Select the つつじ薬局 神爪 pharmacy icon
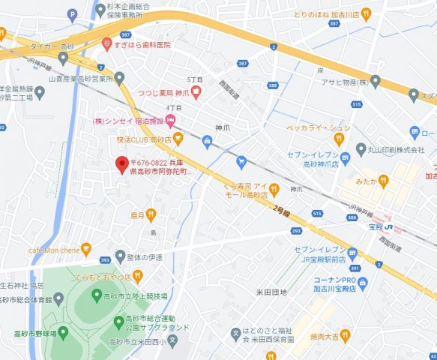(196, 92)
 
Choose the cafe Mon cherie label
(53, 248)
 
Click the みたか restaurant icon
(383, 181)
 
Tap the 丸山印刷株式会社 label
(401, 150)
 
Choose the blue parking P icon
(72, 13)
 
